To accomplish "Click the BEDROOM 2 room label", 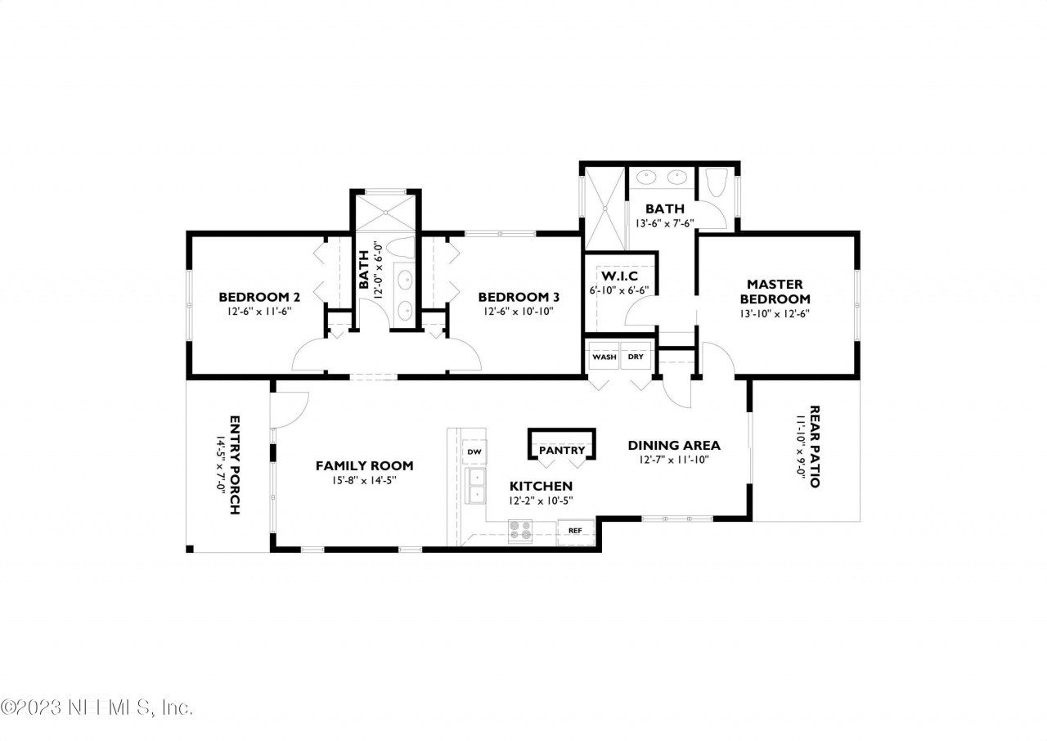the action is [259, 297].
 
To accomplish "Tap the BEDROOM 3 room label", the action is [519, 297].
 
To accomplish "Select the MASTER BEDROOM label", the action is [775, 291].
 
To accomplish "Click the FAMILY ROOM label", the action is [365, 466].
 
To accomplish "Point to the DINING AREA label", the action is [674, 445].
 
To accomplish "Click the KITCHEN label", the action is [541, 487].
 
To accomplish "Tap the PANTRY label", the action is [562, 451].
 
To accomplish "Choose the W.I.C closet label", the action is [619, 276].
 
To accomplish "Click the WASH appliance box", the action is [604, 356].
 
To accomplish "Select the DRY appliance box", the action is [636, 356].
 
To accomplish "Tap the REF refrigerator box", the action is [575, 532].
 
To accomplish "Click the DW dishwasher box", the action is [474, 451].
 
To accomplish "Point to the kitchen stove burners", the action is [520, 532].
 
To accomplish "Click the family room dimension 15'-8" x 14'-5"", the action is [365, 480].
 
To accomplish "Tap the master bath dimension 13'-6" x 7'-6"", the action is [665, 223].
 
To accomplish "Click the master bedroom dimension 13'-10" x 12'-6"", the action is [775, 314].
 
